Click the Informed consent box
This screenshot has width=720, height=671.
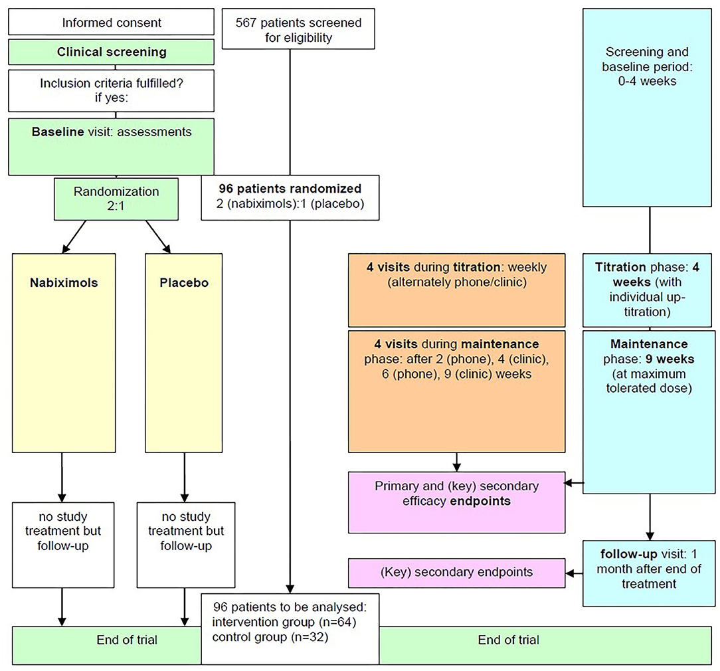point(111,21)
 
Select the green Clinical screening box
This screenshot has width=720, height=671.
point(111,52)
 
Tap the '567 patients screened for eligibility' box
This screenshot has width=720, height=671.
point(298,29)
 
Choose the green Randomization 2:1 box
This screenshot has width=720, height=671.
point(116,199)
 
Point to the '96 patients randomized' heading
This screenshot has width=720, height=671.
point(290,189)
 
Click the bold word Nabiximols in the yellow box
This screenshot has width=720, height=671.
point(64,282)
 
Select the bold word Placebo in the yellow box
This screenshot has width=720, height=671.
point(184,282)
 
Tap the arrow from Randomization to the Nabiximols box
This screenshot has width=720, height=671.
point(74,237)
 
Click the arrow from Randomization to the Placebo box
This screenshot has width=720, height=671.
point(159,237)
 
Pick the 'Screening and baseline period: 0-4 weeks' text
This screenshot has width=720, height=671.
point(647,66)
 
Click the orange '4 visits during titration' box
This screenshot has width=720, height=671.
point(457,290)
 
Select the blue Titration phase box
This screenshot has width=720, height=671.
point(648,290)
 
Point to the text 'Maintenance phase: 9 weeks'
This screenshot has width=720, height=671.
point(649,351)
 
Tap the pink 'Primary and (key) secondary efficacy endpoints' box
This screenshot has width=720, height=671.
point(457,502)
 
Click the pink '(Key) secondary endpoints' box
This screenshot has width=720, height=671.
point(457,573)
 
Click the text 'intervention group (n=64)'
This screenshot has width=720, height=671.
point(284,623)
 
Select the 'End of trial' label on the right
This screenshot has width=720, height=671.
point(509,640)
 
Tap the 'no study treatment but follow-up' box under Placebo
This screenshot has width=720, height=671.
point(186,545)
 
